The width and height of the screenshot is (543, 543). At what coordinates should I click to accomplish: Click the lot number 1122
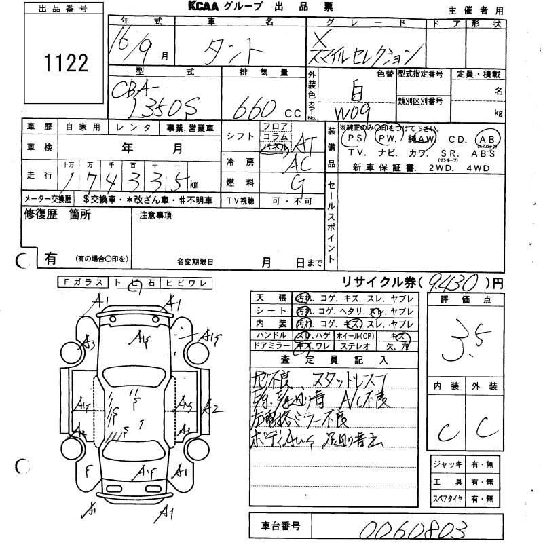[x=65, y=63]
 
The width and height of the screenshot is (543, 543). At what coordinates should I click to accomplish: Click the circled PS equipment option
[x=352, y=138]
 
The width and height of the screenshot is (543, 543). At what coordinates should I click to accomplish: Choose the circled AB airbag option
[x=488, y=138]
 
